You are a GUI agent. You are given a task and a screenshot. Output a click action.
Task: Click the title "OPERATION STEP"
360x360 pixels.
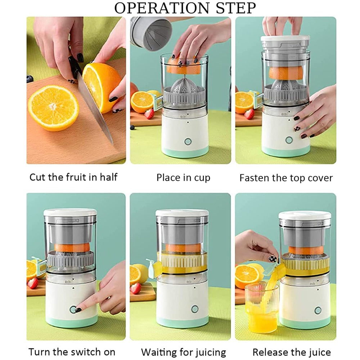coord(185,8)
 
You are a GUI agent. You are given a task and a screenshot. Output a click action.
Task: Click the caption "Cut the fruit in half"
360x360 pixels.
coord(73,177)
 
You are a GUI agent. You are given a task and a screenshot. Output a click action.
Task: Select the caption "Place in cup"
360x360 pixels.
coord(183,177)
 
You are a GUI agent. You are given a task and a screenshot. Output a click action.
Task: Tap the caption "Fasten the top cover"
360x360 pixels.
coord(286,177)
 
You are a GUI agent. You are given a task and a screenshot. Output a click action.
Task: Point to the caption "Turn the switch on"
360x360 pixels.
coord(72,352)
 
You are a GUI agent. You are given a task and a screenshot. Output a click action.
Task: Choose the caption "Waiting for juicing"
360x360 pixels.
coord(184,352)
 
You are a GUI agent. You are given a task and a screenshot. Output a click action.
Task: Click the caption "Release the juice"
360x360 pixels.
coord(292,352)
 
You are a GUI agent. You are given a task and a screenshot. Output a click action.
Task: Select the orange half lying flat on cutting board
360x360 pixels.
coord(53,107)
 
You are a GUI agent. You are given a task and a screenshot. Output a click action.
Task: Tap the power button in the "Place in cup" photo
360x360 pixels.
coord(188,141)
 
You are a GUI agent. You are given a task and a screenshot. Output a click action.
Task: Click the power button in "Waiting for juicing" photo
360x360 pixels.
coord(195,309)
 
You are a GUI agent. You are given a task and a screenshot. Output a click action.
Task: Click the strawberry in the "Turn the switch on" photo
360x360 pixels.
coord(33,283)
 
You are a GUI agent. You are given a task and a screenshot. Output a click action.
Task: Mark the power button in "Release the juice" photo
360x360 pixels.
coord(318,310)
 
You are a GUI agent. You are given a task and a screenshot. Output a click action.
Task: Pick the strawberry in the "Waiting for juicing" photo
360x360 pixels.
coord(136,288)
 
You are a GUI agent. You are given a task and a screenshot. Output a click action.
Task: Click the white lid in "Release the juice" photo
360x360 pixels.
coord(305,215)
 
